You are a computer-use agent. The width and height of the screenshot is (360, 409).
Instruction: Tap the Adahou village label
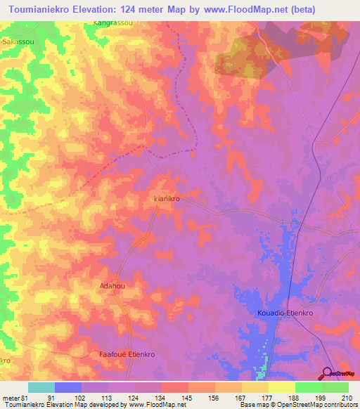point(112,287)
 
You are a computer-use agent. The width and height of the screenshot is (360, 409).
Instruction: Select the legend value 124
point(133,398)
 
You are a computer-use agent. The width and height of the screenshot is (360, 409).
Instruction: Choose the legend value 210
point(345,398)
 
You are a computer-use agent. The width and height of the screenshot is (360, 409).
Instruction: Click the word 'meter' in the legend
point(10,398)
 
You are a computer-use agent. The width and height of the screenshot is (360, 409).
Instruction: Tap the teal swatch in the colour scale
point(41,387)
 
